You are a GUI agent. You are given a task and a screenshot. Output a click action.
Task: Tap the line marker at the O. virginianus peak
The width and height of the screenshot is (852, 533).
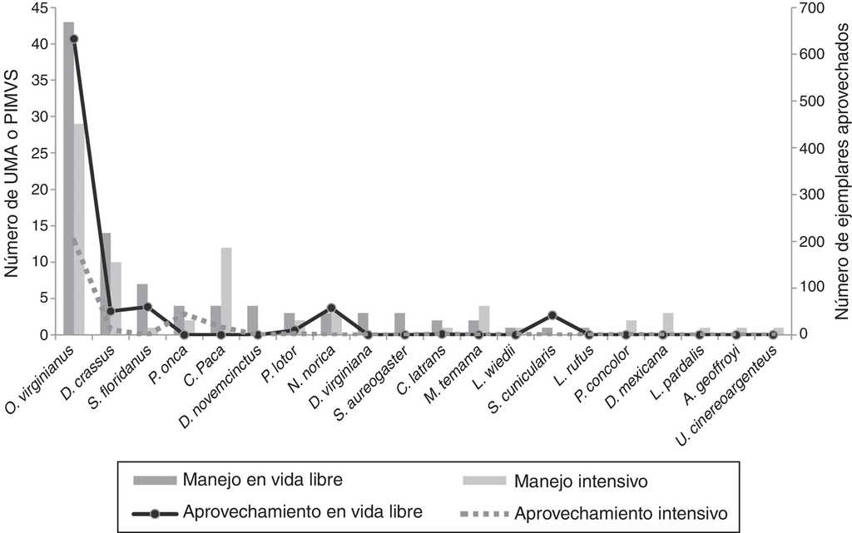[x=74, y=39]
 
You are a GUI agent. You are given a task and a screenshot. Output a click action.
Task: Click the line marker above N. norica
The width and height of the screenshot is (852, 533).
[x=331, y=308]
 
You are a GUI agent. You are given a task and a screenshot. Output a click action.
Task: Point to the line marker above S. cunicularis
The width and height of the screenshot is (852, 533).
[x=552, y=315]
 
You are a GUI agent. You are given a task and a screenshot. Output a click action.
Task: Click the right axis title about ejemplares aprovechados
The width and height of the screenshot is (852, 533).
[x=841, y=170]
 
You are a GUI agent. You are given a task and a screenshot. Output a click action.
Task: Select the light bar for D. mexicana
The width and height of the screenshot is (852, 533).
[x=668, y=323]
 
